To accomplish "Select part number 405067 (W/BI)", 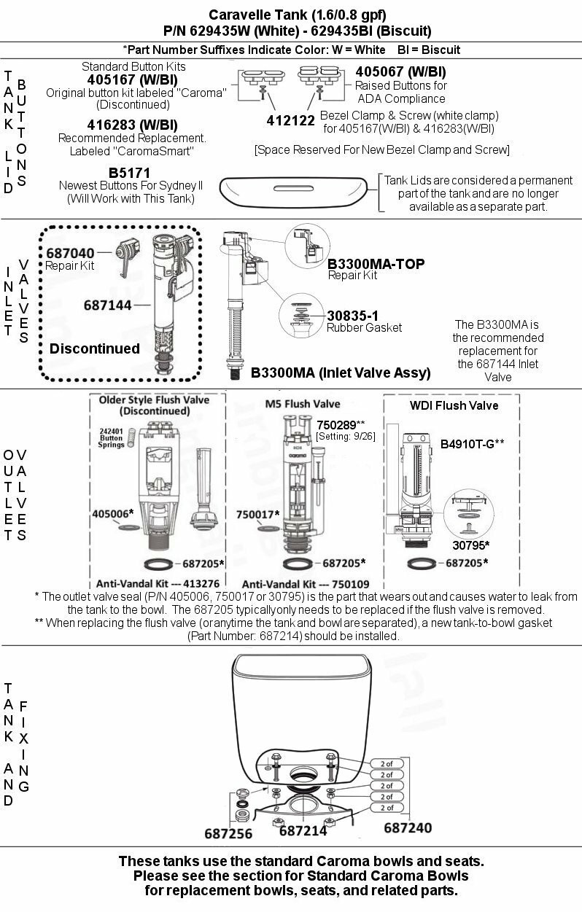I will pyautogui.click(x=400, y=72).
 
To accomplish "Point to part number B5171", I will pyautogui.click(x=129, y=173).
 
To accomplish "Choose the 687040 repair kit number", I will pyautogui.click(x=70, y=252).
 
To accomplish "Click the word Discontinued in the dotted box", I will pyautogui.click(x=94, y=348).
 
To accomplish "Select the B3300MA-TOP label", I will pyautogui.click(x=376, y=263).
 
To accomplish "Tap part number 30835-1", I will pyautogui.click(x=352, y=315).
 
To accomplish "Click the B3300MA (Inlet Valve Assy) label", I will pyautogui.click(x=341, y=373).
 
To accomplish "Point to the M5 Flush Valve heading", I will pyautogui.click(x=303, y=404).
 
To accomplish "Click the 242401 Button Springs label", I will pyautogui.click(x=110, y=437).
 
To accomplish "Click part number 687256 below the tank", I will pyautogui.click(x=228, y=833).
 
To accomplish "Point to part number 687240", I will pyautogui.click(x=408, y=827).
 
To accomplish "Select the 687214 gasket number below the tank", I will pyautogui.click(x=303, y=830).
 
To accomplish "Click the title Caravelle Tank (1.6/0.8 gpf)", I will pyautogui.click(x=298, y=15).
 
